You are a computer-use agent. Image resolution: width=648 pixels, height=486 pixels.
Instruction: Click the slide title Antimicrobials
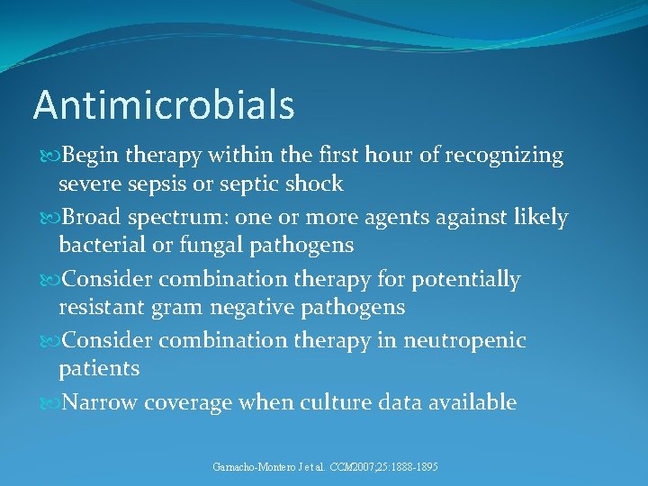[x=164, y=105]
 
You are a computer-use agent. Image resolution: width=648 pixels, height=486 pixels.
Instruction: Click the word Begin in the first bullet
[x=92, y=157]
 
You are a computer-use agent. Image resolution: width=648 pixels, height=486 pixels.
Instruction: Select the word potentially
[x=466, y=280]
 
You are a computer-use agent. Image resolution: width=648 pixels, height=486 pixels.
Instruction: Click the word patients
[x=99, y=369]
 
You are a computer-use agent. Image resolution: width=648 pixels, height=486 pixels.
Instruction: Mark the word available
[x=471, y=402]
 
